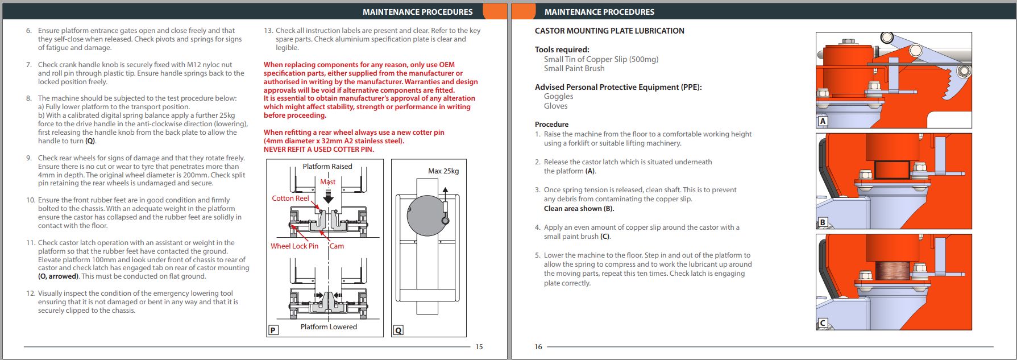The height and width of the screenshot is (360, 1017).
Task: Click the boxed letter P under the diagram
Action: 273,330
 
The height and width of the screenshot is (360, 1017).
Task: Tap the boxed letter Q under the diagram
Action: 398,330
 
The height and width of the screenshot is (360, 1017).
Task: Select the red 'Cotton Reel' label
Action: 290,198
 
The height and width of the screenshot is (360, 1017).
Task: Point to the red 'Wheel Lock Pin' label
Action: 294,246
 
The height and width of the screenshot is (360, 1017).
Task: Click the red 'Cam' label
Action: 337,246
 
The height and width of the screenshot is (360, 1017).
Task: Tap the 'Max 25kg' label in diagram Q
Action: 443,171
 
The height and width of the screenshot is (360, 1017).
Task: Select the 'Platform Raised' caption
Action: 327,167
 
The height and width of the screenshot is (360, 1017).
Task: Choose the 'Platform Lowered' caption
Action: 329,327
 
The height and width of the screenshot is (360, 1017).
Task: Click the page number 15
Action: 479,347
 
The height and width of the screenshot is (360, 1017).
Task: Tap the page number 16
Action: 538,347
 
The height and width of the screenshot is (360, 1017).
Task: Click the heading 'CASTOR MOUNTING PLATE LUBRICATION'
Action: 609,31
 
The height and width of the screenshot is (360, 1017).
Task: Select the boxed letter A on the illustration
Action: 823,121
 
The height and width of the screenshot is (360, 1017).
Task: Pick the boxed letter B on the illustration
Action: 823,222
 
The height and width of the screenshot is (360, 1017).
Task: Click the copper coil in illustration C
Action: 891,271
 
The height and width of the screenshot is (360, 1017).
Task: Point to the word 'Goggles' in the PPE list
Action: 558,97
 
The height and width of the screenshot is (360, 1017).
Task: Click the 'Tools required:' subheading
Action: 562,49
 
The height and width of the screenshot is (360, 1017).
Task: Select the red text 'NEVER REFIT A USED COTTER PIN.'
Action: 319,150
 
